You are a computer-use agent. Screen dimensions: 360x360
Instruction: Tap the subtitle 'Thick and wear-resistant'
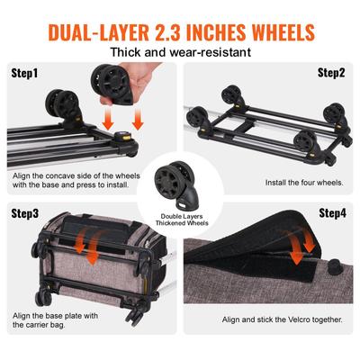coord(180,53)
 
